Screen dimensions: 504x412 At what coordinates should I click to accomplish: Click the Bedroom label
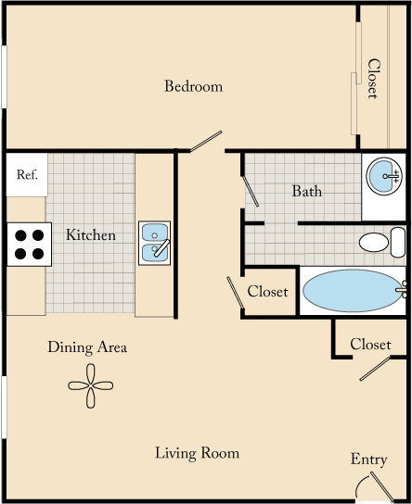pos(193,87)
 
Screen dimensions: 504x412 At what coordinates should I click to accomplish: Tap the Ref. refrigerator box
pos(27,175)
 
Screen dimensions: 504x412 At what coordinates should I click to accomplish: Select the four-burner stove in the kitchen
pos(28,243)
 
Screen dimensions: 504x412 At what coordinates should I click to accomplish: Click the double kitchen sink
pos(154,243)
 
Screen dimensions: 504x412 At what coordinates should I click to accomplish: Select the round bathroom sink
pos(383,174)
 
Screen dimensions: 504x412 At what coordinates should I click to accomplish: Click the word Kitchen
pos(91,235)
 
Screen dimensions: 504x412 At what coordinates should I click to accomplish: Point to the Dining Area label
pos(87,348)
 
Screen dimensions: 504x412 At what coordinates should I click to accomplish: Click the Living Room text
pos(197,453)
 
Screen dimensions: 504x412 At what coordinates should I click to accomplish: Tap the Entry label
pos(368,460)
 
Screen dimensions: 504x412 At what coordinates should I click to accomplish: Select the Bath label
pos(307,192)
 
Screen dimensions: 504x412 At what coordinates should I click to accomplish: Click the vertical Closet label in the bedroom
pos(373,79)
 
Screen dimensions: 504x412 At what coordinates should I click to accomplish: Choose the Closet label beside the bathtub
pos(268,292)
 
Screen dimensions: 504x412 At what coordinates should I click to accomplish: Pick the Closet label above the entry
pos(370,345)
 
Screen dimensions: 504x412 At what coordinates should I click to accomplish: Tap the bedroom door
pos(205,140)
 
